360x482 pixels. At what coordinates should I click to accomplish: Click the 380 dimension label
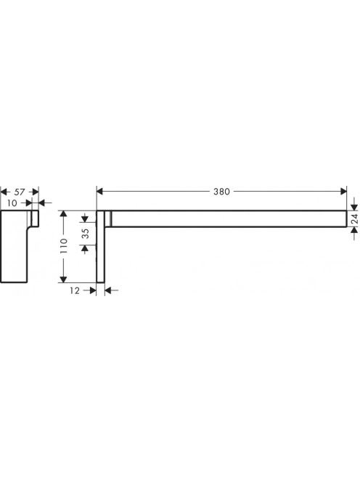click(221, 192)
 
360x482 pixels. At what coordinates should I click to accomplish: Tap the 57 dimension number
click(20, 192)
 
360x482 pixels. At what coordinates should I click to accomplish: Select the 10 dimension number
click(12, 203)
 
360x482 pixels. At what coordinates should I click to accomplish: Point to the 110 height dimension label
click(64, 245)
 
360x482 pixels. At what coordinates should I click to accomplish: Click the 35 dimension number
click(86, 233)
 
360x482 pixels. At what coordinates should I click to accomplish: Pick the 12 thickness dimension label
click(75, 290)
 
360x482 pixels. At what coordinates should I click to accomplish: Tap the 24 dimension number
click(354, 218)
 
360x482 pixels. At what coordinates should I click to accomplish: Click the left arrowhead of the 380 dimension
click(99, 192)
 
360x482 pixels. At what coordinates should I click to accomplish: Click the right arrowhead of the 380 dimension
click(343, 192)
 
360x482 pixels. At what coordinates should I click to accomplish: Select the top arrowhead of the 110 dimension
click(63, 213)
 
